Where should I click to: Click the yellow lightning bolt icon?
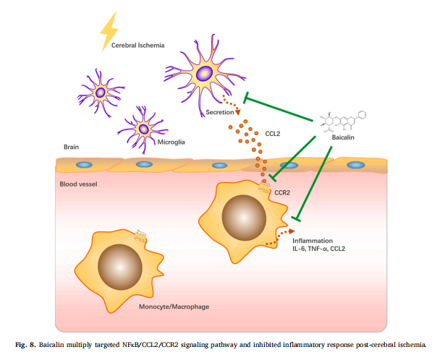(x=109, y=31)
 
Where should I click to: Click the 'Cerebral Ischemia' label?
(x=137, y=46)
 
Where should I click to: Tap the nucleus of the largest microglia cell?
(x=205, y=74)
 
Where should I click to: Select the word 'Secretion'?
(x=220, y=112)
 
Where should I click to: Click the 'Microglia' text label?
(x=171, y=142)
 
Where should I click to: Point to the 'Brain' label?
(x=72, y=147)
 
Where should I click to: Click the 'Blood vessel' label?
(x=79, y=184)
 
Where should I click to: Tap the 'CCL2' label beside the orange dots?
(x=273, y=134)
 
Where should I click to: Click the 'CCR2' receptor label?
(x=282, y=193)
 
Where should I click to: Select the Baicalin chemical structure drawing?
(x=343, y=120)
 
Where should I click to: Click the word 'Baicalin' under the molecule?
(x=343, y=137)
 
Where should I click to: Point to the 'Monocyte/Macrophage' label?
(x=174, y=307)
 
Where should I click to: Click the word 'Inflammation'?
(x=313, y=241)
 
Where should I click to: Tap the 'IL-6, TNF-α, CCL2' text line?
(x=319, y=249)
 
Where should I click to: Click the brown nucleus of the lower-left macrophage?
(x=120, y=267)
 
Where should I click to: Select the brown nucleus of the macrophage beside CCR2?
(x=244, y=218)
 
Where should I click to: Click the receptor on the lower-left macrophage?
(x=140, y=236)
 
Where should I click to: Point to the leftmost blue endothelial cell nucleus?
(x=84, y=165)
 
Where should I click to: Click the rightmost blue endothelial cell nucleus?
(x=356, y=165)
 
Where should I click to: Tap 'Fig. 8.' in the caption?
(x=25, y=345)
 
